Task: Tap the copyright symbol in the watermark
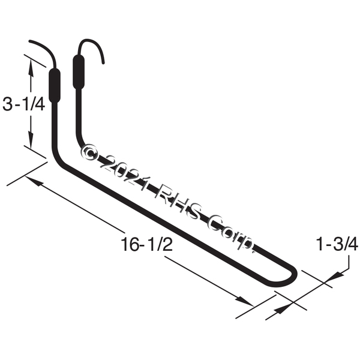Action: (x=88, y=152)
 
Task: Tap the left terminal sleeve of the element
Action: (x=55, y=85)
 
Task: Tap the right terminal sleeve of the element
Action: (x=79, y=71)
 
